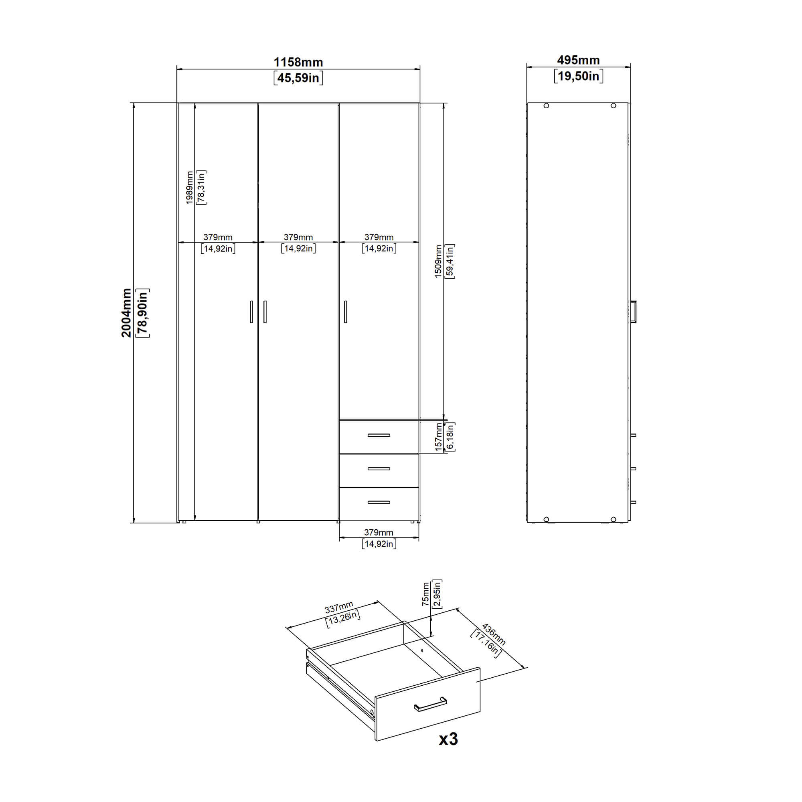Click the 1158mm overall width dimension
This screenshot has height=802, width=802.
(298, 62)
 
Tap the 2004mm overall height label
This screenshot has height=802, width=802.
(126, 313)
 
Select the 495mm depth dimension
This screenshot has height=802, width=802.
(578, 60)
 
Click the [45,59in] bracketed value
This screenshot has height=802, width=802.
(298, 78)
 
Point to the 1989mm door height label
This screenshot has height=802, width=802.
(189, 188)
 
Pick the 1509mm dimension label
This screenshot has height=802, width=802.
(438, 261)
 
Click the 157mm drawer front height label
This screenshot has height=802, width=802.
(439, 437)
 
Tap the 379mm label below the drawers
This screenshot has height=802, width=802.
(379, 532)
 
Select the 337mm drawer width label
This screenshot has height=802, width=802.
(339, 608)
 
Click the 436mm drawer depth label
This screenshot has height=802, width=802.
(494, 634)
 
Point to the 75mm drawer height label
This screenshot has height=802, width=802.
(425, 594)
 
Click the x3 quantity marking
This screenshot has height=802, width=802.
(448, 739)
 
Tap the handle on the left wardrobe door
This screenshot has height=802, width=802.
(251, 312)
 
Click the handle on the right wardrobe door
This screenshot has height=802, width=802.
(345, 312)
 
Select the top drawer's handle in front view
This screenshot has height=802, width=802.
(379, 435)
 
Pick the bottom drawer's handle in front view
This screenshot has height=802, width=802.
(379, 502)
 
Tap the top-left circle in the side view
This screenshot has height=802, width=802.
(546, 106)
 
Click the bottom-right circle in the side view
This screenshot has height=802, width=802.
(613, 519)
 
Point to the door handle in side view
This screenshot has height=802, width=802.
(633, 311)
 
